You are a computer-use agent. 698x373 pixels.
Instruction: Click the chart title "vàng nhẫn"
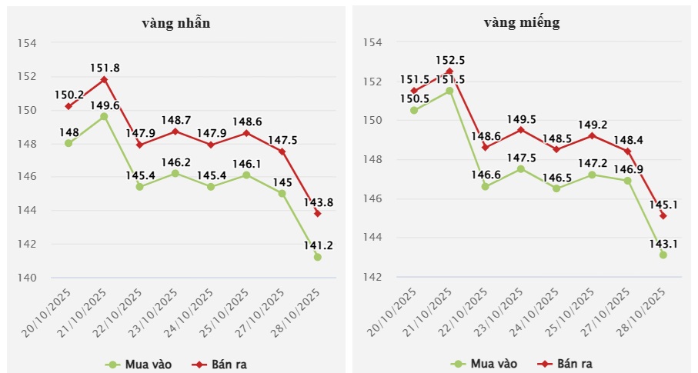coord(176,22)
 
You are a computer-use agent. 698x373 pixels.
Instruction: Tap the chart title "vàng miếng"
coord(521,22)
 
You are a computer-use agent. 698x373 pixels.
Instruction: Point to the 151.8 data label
coord(104,68)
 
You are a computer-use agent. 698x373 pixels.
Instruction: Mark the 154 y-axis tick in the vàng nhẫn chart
coord(28,43)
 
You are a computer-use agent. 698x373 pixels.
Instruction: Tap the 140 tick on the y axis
coord(28,278)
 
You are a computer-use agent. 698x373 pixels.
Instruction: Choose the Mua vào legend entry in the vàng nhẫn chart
coord(139,363)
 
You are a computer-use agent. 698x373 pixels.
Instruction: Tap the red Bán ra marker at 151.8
coord(104,79)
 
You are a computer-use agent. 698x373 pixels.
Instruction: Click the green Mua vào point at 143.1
coord(663,255)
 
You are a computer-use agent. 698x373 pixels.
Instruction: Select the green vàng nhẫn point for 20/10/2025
coord(68,143)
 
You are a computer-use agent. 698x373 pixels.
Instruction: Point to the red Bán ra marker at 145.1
coord(663,215)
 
